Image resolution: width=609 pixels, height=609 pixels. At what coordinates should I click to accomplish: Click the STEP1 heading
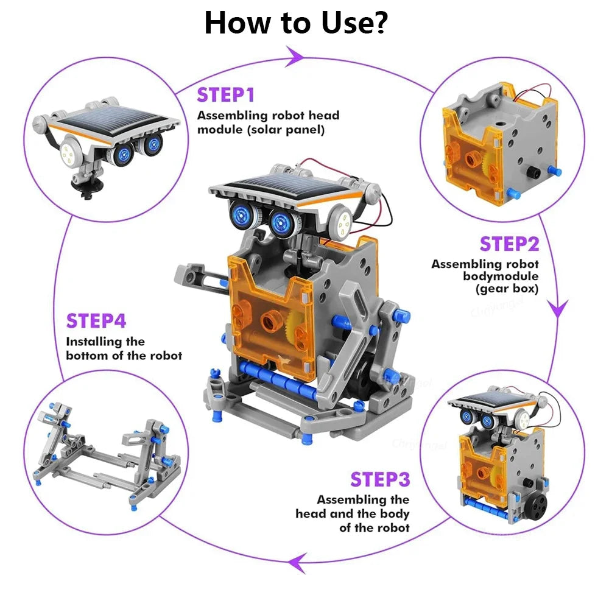coord(225,95)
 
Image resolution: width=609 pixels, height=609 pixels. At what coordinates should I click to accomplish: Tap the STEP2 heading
coord(509,244)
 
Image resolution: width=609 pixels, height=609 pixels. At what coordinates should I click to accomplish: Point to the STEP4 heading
coord(96,321)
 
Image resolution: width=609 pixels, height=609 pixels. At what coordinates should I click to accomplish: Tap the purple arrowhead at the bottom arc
coord(297,563)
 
